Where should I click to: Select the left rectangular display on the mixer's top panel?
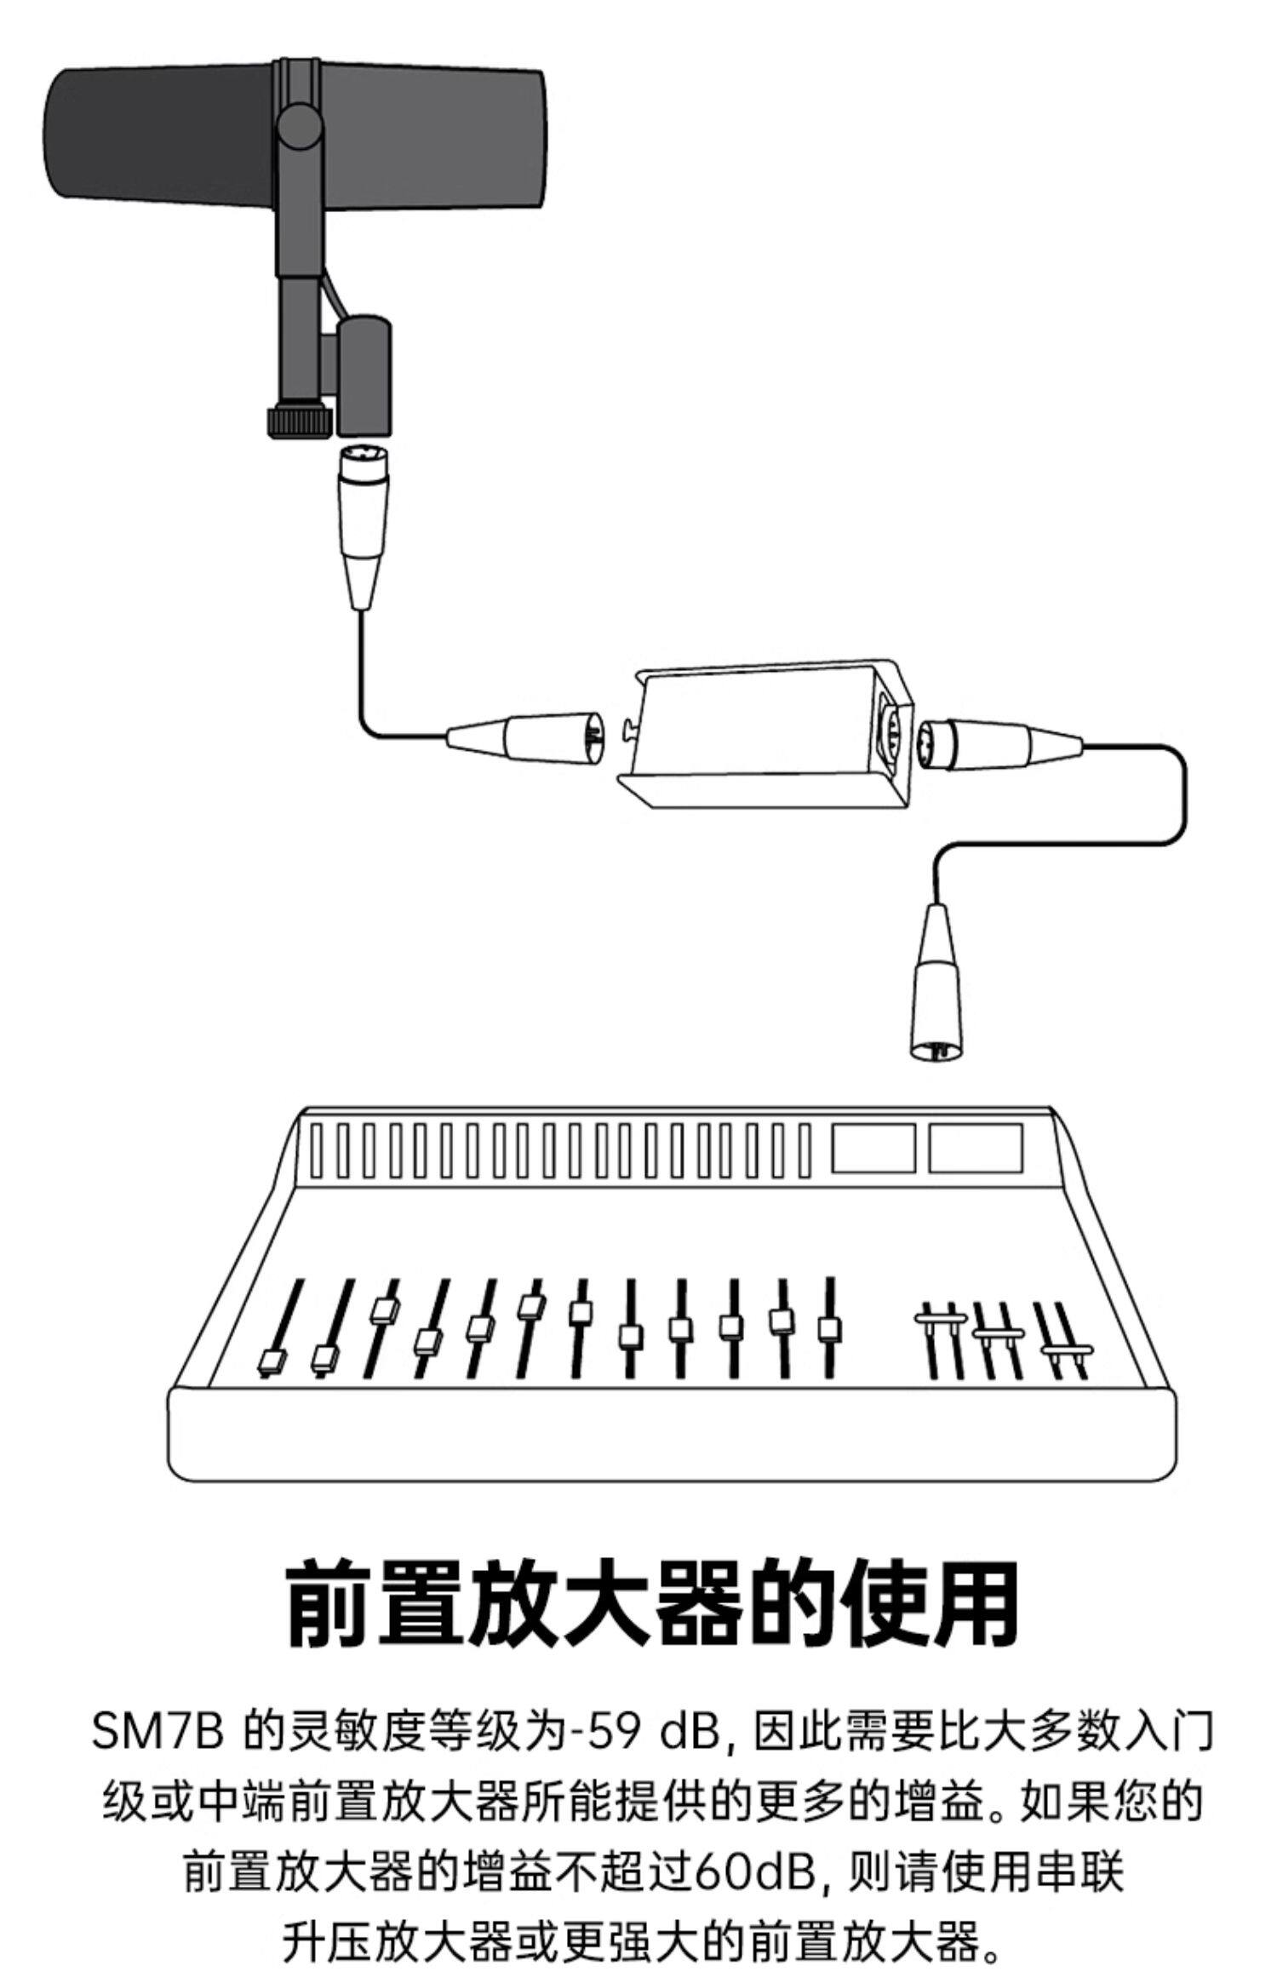coord(873,1149)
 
